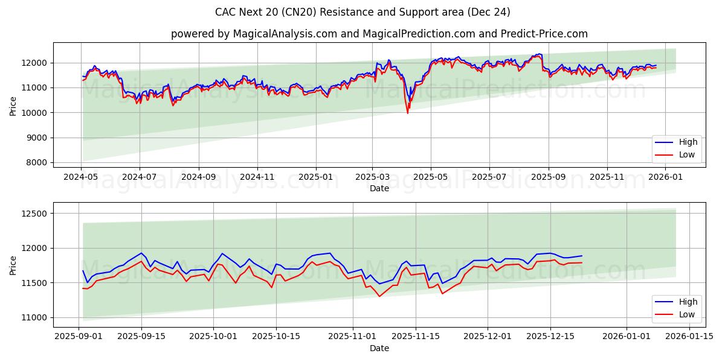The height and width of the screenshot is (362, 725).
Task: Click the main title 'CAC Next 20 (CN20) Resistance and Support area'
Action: [x=362, y=12]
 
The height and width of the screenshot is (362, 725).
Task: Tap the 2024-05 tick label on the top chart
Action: [x=81, y=177]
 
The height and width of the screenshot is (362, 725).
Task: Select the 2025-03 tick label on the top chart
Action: [x=372, y=177]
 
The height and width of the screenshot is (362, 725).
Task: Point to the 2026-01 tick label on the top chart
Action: [x=665, y=177]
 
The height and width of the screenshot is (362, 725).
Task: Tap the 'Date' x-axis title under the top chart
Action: [x=379, y=188]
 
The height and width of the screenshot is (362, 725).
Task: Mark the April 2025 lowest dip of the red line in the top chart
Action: [x=407, y=113]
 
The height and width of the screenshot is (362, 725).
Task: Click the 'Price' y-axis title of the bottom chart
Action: [x=13, y=265]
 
